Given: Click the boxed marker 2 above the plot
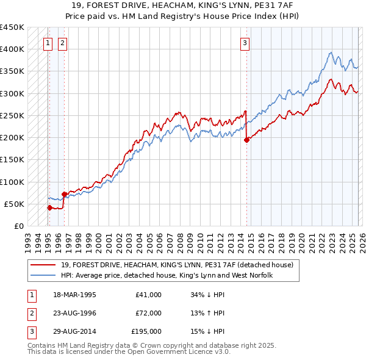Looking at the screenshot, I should click(x=63, y=43).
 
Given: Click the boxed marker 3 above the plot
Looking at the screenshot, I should click(x=245, y=43).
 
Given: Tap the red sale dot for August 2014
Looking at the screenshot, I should click(x=247, y=140).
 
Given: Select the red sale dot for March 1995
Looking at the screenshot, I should click(x=49, y=207).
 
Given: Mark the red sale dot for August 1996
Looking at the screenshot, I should click(x=64, y=194).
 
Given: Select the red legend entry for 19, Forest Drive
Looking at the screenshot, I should click(x=177, y=265).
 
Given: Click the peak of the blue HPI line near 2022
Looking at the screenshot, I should click(x=330, y=52).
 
